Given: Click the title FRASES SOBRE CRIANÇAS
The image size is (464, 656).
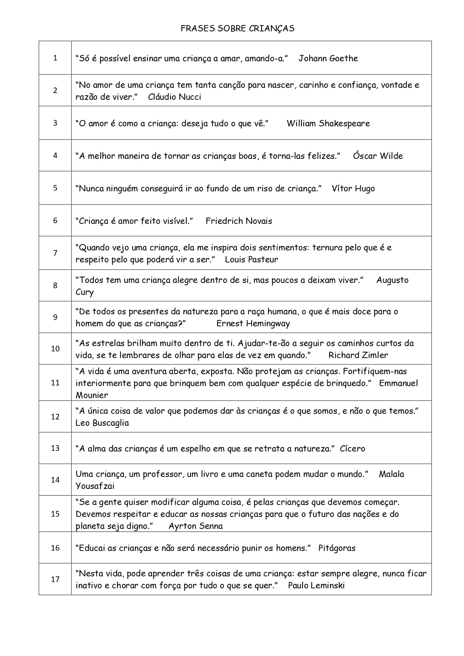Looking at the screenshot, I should coord(237,28).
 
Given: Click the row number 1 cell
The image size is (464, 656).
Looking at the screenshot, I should coord(55,58).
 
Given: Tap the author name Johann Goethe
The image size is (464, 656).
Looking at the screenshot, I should coord(328,58).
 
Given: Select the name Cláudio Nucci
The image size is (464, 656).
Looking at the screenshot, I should coord(174,97).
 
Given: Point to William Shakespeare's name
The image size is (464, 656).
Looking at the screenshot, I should coord(328,124).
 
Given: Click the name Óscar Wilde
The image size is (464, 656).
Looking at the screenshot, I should coord(378,156).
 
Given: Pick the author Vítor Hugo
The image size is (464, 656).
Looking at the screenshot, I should coord(353,189).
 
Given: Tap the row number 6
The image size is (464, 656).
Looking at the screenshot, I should coord(55,221).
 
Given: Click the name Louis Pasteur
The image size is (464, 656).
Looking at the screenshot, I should coord(251,260).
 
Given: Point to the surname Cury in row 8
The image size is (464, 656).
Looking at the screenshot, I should coord(84,292).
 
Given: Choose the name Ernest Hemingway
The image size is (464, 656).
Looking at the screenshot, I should coord(253,324).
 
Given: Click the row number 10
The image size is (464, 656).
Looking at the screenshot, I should coord(55,349).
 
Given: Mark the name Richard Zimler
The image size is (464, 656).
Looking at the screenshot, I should coord(358,355).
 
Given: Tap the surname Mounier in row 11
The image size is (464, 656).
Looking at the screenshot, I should coord(92,395).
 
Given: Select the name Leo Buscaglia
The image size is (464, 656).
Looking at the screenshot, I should coord(102,423).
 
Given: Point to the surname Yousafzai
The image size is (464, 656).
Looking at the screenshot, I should coord(95,486).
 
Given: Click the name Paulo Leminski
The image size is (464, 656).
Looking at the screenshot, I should coord(316,586).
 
